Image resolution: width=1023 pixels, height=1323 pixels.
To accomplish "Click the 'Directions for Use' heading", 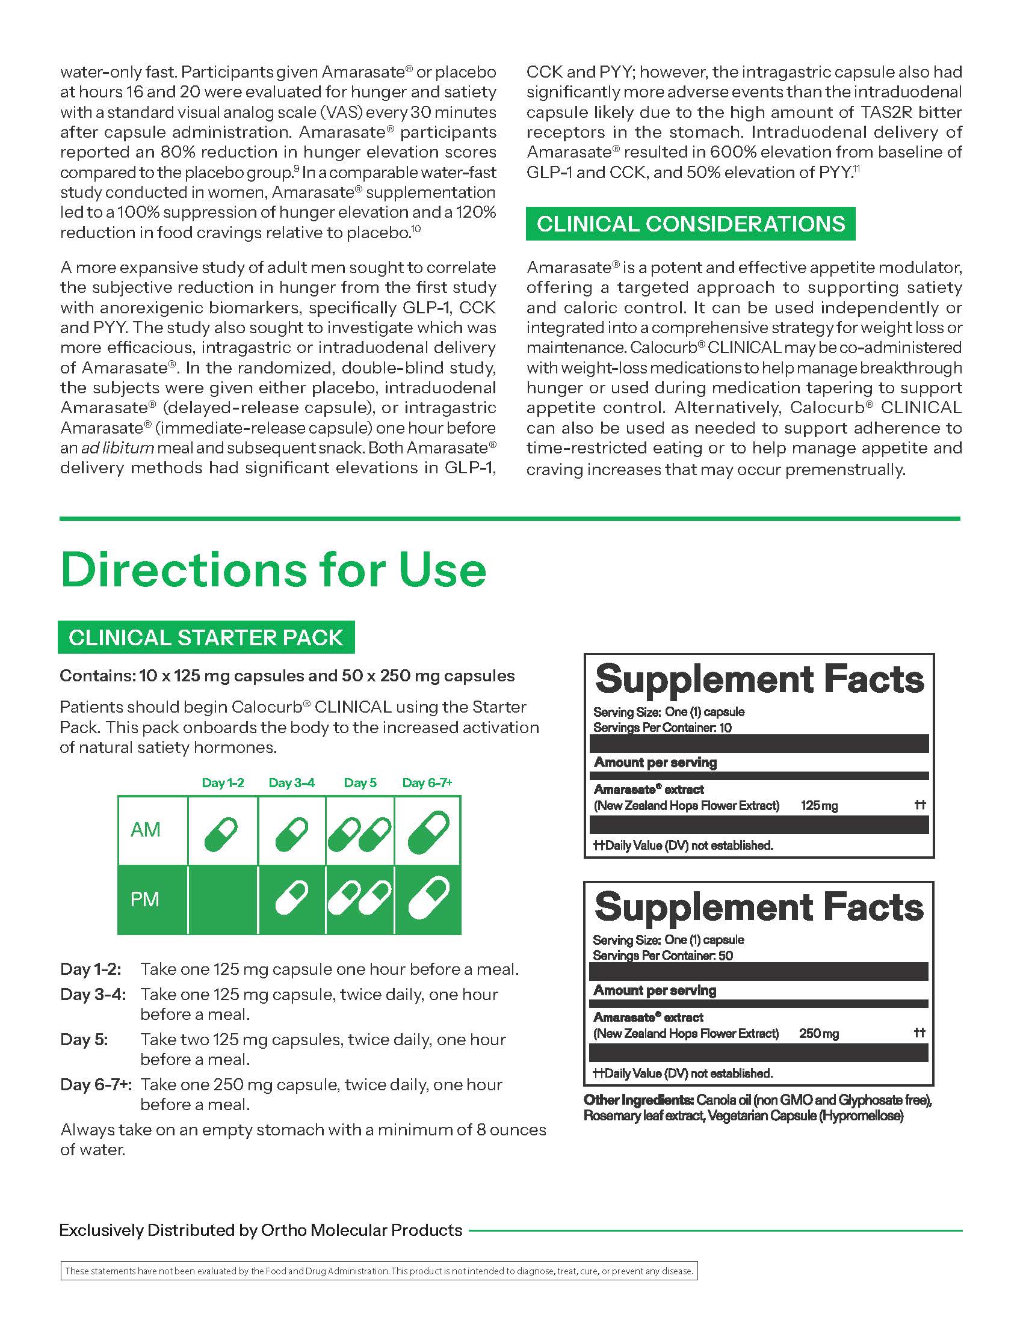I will coord(273,570).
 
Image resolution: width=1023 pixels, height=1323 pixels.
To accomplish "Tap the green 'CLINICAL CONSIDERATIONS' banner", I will coord(690,224).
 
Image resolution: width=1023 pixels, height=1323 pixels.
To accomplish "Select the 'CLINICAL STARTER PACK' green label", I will coord(205,637).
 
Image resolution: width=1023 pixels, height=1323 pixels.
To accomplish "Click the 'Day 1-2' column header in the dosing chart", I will coord(223,782).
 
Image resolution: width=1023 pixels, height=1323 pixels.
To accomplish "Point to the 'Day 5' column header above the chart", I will coord(360,782).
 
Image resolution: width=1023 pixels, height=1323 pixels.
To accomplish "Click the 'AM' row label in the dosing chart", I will coord(146,829).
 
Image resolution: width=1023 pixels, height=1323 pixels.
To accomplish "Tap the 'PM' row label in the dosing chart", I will coord(145,899).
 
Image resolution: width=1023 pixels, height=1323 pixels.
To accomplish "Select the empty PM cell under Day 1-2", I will coord(223,899).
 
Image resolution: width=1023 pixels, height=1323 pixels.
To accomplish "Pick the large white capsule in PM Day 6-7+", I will coord(428,899).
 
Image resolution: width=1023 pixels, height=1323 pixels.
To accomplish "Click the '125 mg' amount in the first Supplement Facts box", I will coord(819,806).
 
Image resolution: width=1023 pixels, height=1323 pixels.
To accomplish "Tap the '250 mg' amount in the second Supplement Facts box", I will coord(818,1033).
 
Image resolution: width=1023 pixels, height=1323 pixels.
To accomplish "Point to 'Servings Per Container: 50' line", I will coord(663,956).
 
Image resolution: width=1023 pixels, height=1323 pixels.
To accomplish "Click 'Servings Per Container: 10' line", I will coord(663,728).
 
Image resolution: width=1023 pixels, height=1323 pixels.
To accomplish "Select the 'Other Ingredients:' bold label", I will coord(638,1099).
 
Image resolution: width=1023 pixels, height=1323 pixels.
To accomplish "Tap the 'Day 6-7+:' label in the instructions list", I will coord(96,1084).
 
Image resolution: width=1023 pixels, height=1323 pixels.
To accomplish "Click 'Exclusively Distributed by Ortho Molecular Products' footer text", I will coord(261,1230).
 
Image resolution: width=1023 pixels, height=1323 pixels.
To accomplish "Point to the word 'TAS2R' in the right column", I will coord(892,112).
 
